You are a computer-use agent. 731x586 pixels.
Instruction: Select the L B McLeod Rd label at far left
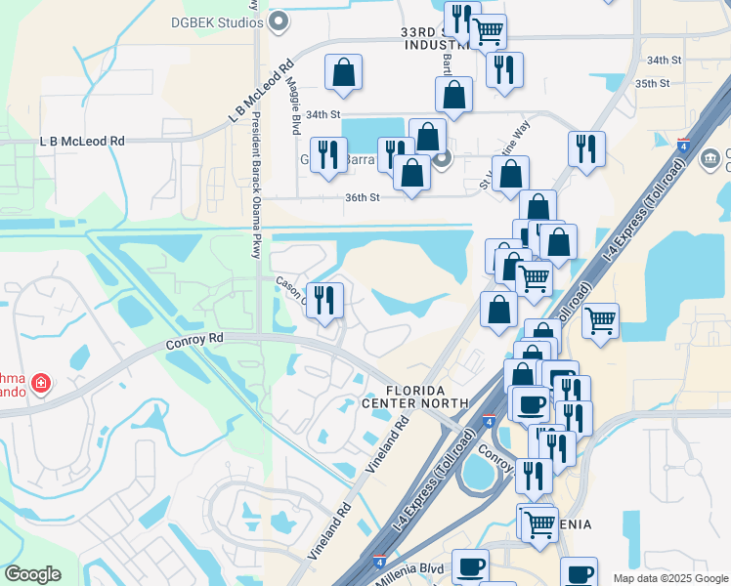pos(83,141)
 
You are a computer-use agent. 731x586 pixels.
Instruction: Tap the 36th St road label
pos(361,198)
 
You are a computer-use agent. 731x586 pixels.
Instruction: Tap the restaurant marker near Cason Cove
pos(324,299)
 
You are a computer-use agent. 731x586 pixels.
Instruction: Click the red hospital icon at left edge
pos(40,383)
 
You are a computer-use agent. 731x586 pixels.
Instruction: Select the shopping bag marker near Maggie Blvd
pos(344,72)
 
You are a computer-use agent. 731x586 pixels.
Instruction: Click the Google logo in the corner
pos(32,574)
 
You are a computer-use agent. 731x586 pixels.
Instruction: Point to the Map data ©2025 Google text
pos(669,578)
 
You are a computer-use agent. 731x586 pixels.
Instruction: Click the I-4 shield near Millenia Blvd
pos(378,562)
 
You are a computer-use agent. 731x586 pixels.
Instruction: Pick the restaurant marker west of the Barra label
pos(329,154)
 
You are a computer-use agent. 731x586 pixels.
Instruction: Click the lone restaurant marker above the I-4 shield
pos(586,148)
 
